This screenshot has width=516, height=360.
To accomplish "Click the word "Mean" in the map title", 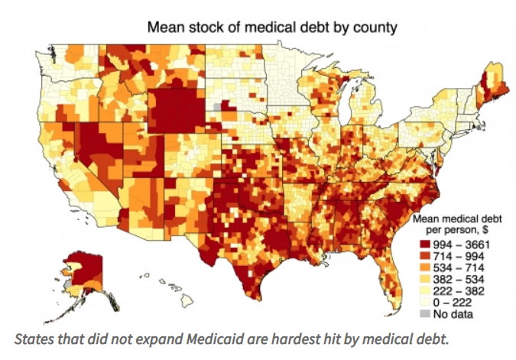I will pyautogui.click(x=164, y=28).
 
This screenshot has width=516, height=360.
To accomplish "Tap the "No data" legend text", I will pyautogui.click(x=456, y=313).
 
